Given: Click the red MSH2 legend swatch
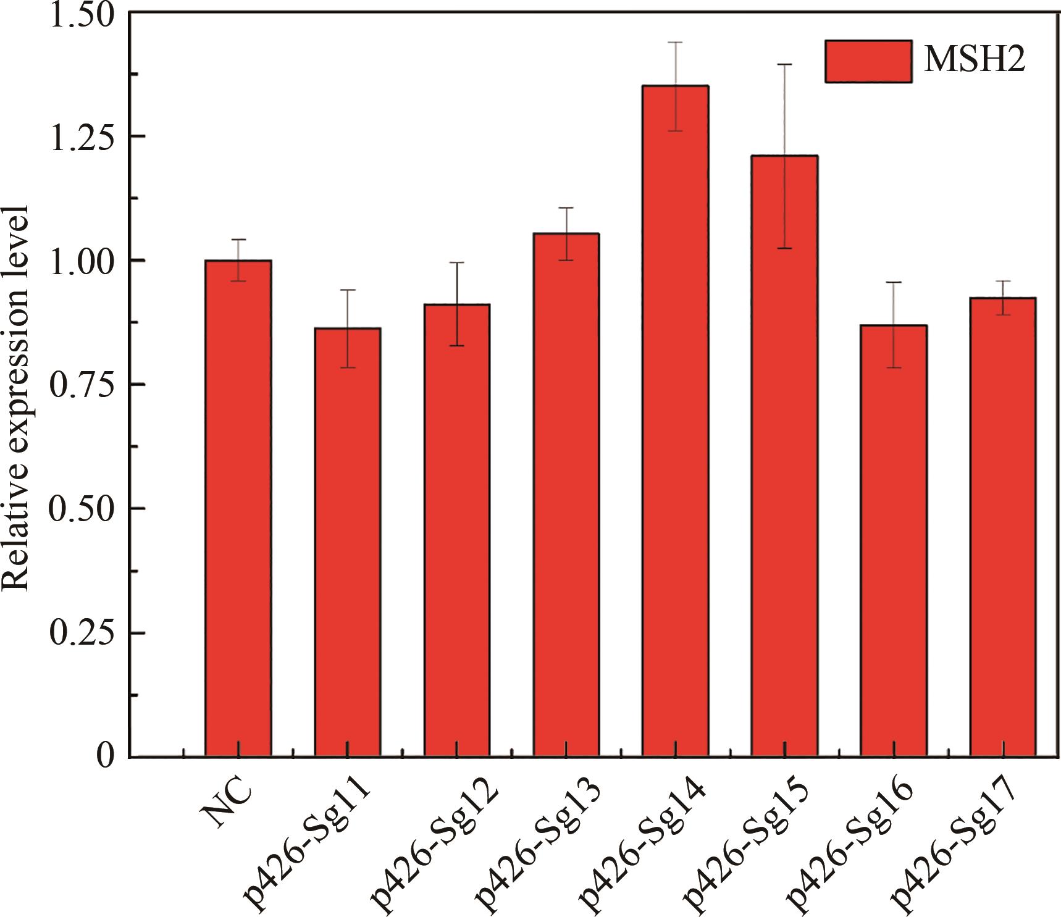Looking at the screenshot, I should (868, 61).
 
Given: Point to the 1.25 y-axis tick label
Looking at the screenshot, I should (83, 137).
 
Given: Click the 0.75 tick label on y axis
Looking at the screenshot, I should (83, 385).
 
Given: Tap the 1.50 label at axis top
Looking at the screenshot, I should (83, 15).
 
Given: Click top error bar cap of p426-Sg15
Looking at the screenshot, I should (784, 64).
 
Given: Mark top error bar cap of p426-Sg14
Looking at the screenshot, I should (675, 42).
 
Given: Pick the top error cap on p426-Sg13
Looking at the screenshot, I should (566, 208).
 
